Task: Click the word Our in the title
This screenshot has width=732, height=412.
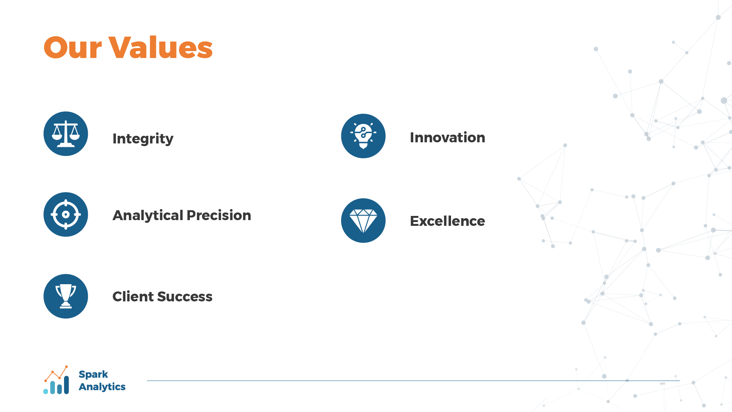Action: pyautogui.click(x=73, y=48)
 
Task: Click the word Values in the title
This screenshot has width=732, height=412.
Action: pyautogui.click(x=161, y=48)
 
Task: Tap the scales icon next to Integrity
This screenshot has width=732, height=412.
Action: pyautogui.click(x=66, y=134)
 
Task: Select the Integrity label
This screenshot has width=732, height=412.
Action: pyautogui.click(x=143, y=139)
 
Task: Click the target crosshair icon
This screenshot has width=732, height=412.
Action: pyautogui.click(x=66, y=214)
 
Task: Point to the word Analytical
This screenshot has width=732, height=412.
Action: pyautogui.click(x=148, y=216)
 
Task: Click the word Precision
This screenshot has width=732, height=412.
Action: pyautogui.click(x=219, y=216)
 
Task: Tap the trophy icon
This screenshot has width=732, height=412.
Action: pyautogui.click(x=66, y=296)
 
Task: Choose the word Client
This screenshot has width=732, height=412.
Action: pyautogui.click(x=133, y=297)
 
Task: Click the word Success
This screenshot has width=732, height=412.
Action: pyautogui.click(x=185, y=297)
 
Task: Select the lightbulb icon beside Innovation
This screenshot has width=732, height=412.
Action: pyautogui.click(x=363, y=136)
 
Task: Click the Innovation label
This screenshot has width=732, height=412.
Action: pyautogui.click(x=448, y=138)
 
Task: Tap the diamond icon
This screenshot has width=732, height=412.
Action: pyautogui.click(x=363, y=220)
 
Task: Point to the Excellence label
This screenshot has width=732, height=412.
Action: pyautogui.click(x=448, y=221)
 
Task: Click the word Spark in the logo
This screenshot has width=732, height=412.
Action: pyautogui.click(x=93, y=375)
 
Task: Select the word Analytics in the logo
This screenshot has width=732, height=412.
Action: pyautogui.click(x=102, y=387)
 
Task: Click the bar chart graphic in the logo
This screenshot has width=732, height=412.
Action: pyautogui.click(x=56, y=380)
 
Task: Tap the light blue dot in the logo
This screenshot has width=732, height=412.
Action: pyautogui.click(x=46, y=391)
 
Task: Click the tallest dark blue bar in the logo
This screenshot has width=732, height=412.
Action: pyautogui.click(x=66, y=385)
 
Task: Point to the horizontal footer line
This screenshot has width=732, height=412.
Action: pyautogui.click(x=413, y=381)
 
